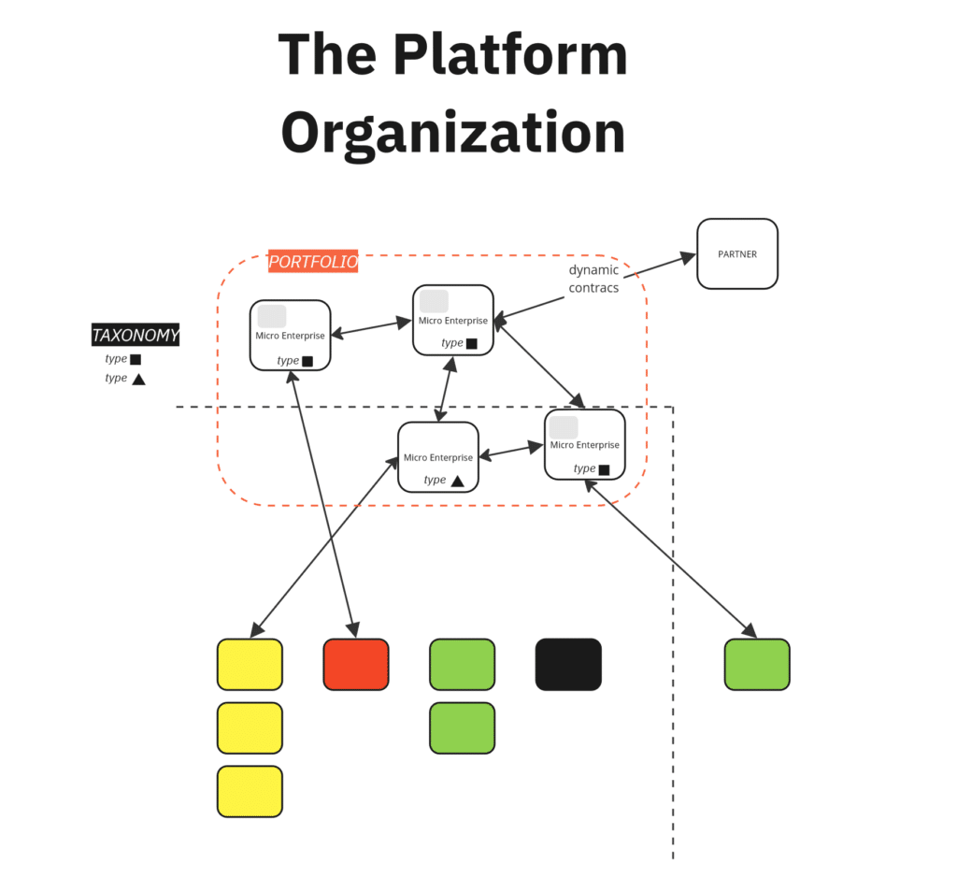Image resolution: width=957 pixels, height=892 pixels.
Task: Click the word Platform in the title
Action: [x=509, y=56]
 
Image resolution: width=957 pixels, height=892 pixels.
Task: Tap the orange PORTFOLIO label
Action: [x=313, y=262]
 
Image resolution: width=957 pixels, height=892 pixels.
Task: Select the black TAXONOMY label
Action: [x=136, y=335]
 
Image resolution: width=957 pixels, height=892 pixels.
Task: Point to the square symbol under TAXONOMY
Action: [x=136, y=359]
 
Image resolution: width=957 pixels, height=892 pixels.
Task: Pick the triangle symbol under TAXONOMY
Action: [x=138, y=379]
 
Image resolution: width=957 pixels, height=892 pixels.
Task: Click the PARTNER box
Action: [x=736, y=253]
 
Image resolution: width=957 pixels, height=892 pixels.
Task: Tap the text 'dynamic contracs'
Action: [x=593, y=279]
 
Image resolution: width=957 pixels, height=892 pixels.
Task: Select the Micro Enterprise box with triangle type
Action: [x=437, y=456]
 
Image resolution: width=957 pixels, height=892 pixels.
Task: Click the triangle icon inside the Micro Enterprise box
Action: [x=457, y=481]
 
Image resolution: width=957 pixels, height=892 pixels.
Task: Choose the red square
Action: [x=355, y=664]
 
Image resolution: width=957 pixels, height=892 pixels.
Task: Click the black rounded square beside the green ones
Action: [x=568, y=664]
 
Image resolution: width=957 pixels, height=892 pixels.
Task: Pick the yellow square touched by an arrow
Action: [x=250, y=664]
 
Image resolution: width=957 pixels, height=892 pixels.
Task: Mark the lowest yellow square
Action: [x=250, y=791]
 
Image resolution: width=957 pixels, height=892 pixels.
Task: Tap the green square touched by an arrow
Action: [x=757, y=664]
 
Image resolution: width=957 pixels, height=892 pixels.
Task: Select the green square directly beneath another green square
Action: [x=462, y=727]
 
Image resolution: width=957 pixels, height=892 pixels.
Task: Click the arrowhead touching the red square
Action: [x=353, y=631]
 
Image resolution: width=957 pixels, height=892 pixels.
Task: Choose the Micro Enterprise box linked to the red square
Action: [x=290, y=335]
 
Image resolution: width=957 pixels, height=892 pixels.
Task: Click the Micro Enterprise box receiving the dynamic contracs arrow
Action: [x=453, y=320]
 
